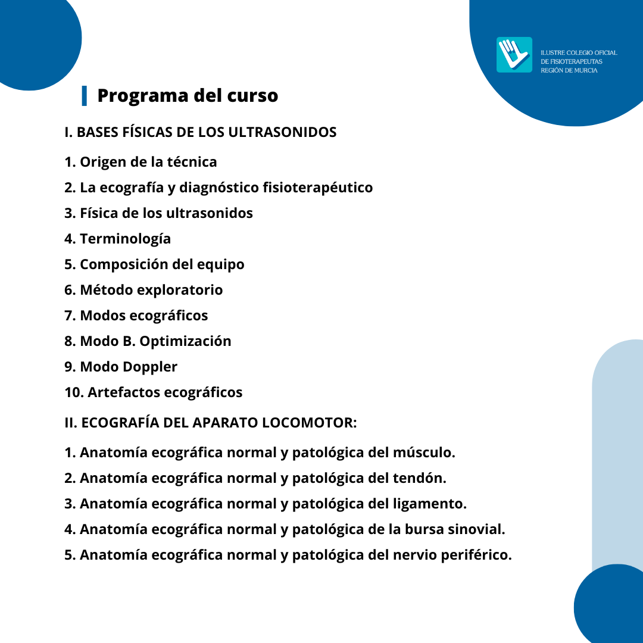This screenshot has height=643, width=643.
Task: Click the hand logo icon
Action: (x=514, y=55)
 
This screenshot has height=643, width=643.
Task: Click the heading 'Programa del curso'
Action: (x=188, y=95)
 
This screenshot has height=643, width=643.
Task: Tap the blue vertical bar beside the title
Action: (x=85, y=95)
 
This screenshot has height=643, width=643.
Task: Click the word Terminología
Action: (x=125, y=239)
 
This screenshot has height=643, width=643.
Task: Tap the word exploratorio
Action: (x=180, y=290)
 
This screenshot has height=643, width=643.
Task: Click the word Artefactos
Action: (x=123, y=392)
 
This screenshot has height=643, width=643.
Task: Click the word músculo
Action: (x=424, y=452)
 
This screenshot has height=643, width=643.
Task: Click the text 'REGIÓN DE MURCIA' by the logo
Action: (x=569, y=70)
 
